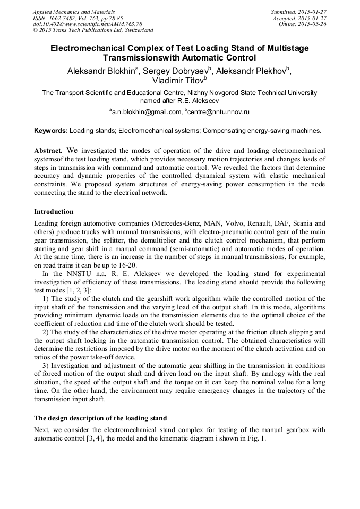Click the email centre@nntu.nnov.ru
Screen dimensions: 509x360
click(x=218, y=112)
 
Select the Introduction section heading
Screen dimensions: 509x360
click(x=54, y=212)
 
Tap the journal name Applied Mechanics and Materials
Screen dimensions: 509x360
click(x=74, y=11)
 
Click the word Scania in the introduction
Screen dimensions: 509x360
click(x=302, y=223)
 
